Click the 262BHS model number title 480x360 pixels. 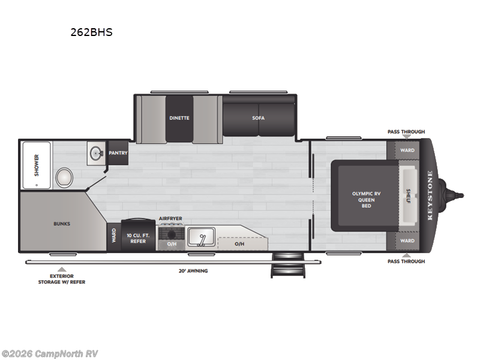91,32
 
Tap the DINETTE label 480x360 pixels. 179,118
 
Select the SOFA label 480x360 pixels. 258,118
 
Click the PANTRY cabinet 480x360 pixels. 118,153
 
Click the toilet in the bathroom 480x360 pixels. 64,178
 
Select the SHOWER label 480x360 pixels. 37,164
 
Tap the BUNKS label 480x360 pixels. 62,224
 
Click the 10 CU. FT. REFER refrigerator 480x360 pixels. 137,235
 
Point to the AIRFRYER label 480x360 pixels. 170,218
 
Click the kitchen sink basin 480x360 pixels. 200,237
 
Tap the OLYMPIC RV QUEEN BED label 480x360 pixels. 366,199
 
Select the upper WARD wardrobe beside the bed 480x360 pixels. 407,150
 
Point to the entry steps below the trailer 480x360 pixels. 281,265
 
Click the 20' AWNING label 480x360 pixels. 193,271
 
